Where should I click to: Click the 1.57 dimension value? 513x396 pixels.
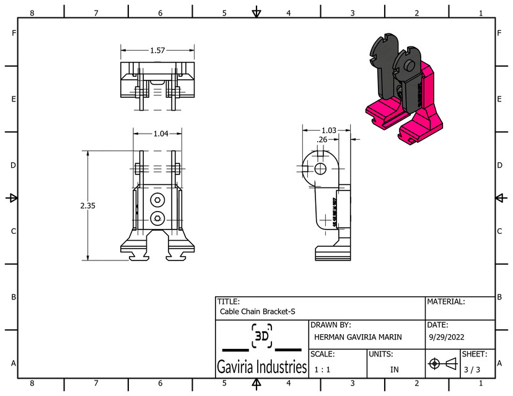click(157, 50)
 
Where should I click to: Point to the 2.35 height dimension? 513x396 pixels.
click(87, 205)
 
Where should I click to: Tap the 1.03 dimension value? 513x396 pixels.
click(328, 131)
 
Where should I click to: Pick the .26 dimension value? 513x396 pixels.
click(322, 140)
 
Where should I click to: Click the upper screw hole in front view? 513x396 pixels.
click(157, 199)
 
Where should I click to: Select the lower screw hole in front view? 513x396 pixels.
click(157, 217)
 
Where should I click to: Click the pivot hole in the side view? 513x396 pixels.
click(320, 168)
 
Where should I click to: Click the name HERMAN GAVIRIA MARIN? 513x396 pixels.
click(357, 337)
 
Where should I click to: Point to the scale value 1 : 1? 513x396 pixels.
click(322, 369)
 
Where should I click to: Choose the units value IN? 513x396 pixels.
click(394, 369)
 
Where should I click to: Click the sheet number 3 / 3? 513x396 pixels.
click(472, 369)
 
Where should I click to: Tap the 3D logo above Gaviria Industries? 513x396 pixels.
click(261, 337)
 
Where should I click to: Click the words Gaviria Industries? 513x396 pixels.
click(261, 368)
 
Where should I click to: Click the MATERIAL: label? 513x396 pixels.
click(445, 301)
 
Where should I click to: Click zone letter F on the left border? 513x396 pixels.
click(13, 33)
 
